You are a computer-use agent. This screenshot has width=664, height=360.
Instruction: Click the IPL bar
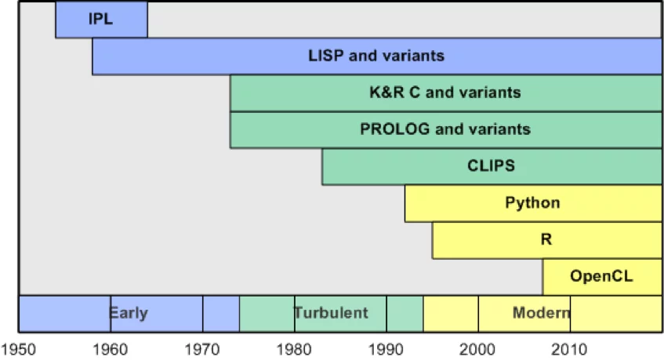(x=101, y=20)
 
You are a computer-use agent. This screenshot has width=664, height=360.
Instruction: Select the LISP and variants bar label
(x=376, y=56)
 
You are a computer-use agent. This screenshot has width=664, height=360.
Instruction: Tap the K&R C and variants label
(x=445, y=93)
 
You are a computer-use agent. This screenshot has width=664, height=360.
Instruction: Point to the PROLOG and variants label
(x=445, y=129)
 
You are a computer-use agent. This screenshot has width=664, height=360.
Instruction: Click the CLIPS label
(x=491, y=166)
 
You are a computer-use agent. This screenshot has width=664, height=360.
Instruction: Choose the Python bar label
(x=532, y=203)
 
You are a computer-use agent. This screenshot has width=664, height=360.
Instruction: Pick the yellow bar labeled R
(x=546, y=240)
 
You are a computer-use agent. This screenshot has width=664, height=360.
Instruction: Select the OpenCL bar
(x=601, y=276)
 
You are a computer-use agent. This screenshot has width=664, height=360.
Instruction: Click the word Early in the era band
(x=129, y=313)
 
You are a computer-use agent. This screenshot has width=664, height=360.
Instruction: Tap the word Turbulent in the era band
(x=331, y=313)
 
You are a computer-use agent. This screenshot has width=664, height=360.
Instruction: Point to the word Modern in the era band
(x=541, y=313)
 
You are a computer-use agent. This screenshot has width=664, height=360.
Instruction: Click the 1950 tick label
(x=19, y=347)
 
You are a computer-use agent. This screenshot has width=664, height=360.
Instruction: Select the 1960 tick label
(x=111, y=347)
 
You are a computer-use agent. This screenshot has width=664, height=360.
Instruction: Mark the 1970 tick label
(x=203, y=347)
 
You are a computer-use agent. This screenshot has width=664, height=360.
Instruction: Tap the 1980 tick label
(x=295, y=347)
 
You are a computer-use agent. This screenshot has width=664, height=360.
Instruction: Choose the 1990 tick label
(x=386, y=347)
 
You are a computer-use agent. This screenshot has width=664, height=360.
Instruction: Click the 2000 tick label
(x=478, y=347)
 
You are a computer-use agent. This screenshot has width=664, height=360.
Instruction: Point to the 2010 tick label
(x=570, y=347)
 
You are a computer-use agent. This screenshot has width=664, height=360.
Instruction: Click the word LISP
(x=325, y=56)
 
